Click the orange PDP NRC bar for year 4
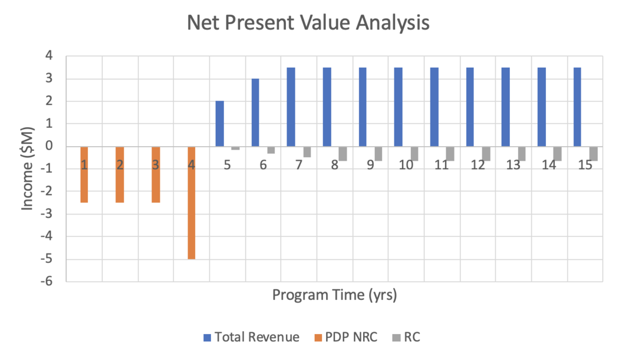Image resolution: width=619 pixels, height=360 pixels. [x=191, y=203]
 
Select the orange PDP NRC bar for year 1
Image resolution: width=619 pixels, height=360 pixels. [x=84, y=174]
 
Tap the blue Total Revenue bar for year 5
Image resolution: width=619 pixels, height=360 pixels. [x=220, y=124]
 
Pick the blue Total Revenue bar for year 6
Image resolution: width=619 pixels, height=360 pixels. [x=255, y=113]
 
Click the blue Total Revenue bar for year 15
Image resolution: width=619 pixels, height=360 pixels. [x=577, y=107]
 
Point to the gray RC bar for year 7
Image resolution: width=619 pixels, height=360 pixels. [x=307, y=152]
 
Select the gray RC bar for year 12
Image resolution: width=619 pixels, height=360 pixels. [x=486, y=154]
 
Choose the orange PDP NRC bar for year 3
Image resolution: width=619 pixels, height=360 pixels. [x=156, y=174]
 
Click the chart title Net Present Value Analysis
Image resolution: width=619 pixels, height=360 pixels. [x=308, y=23]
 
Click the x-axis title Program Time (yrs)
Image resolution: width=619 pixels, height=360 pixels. [x=334, y=295]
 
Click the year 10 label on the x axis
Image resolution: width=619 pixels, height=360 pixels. [x=406, y=165]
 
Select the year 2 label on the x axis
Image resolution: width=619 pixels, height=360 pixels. [x=120, y=165]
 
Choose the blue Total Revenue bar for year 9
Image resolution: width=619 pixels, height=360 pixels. [x=363, y=107]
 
